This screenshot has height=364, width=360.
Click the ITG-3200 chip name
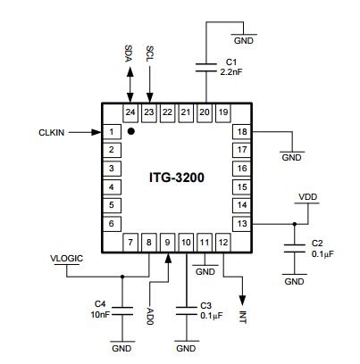(x=177, y=178)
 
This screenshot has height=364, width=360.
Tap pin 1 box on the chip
(x=112, y=132)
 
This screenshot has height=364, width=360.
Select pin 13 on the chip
(x=242, y=223)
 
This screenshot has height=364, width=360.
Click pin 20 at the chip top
(x=205, y=112)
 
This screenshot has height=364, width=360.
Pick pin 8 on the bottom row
(x=149, y=243)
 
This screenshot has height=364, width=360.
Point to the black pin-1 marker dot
(x=130, y=131)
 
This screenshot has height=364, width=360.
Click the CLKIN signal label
(x=52, y=133)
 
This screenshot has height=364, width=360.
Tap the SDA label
(x=129, y=54)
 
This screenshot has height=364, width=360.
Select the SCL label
(x=150, y=54)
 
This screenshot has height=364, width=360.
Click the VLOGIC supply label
(x=66, y=259)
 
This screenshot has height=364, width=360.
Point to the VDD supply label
(x=308, y=197)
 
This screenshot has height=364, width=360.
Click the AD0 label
(x=150, y=317)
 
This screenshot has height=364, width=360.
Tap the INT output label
(x=243, y=318)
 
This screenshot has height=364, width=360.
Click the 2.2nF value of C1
(x=231, y=72)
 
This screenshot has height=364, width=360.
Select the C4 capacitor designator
(x=100, y=304)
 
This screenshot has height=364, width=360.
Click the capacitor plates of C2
(x=295, y=248)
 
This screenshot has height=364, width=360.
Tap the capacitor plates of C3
(x=187, y=311)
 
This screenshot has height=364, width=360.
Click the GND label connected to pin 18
(x=291, y=157)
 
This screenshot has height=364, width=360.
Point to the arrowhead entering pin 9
(x=168, y=258)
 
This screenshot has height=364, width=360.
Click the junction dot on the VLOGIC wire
(x=122, y=277)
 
